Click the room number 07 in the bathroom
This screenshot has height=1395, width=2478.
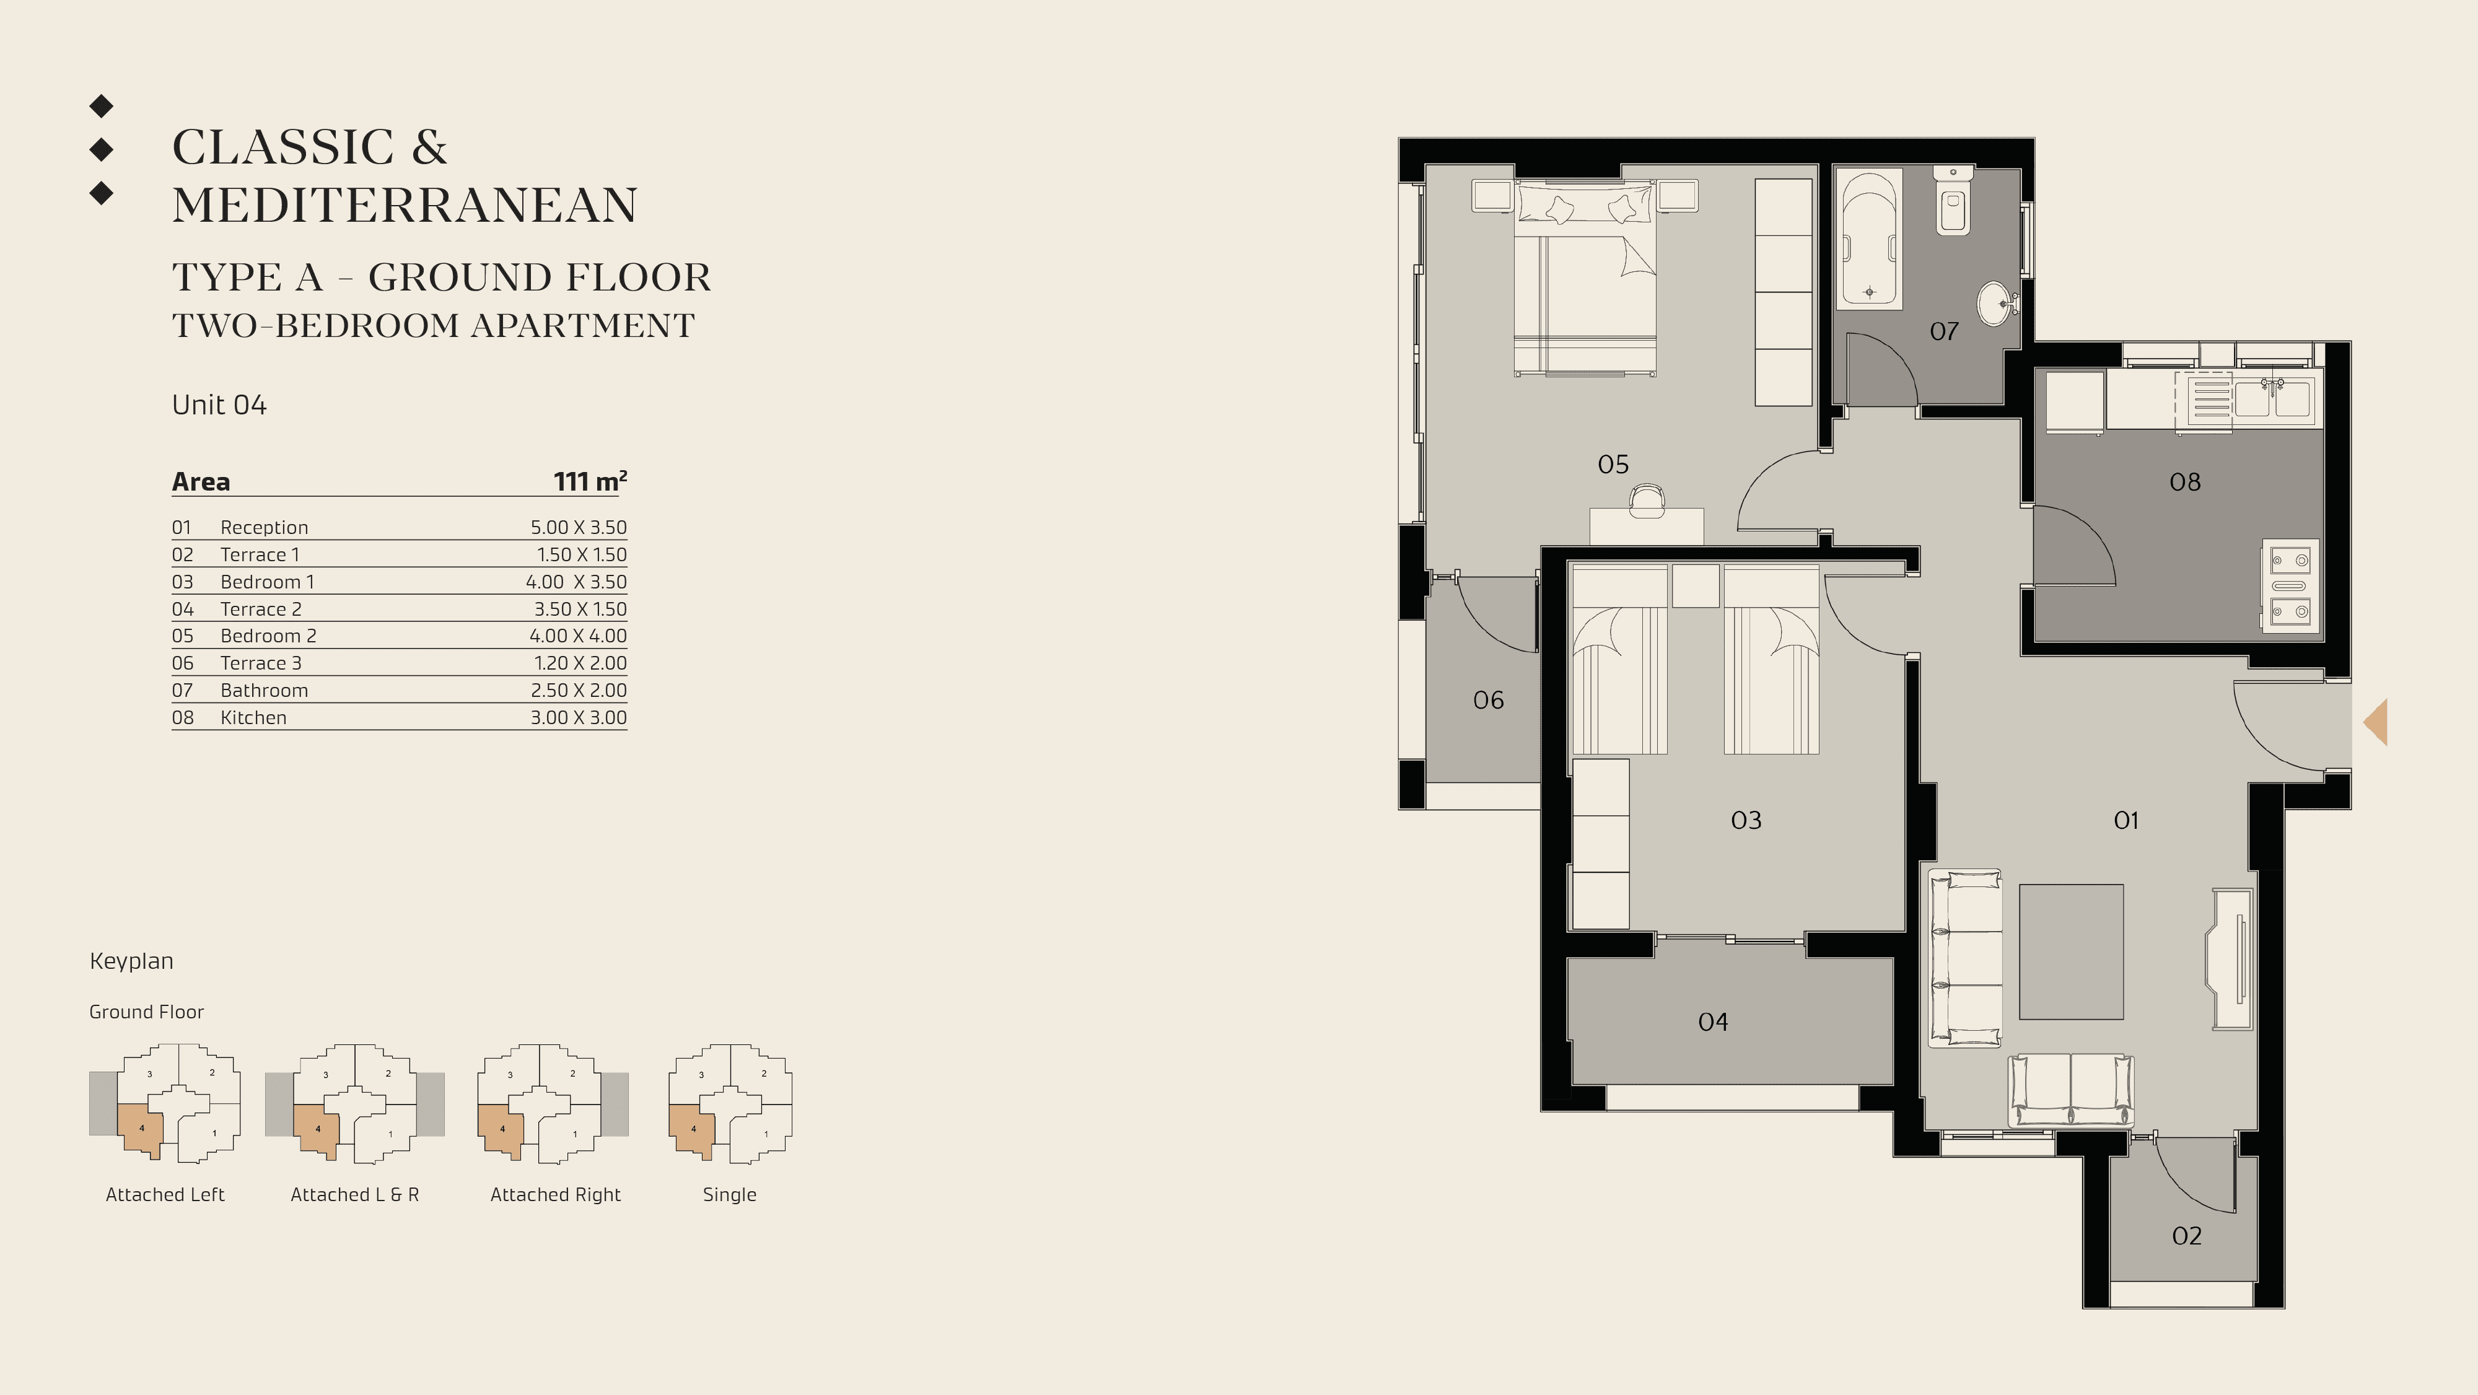[x=1943, y=331]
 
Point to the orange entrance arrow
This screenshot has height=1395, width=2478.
[x=2376, y=722]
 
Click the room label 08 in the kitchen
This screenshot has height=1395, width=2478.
[x=2184, y=482]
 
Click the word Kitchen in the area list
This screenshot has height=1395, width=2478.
[x=253, y=718]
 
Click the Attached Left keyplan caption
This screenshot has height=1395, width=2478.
[x=165, y=1195]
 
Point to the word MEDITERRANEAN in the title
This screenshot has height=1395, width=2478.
[x=404, y=205]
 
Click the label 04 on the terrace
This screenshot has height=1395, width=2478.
[x=1712, y=1021]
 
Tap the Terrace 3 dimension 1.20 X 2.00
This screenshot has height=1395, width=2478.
[x=580, y=663]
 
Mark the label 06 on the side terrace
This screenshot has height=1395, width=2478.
[x=1488, y=701]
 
